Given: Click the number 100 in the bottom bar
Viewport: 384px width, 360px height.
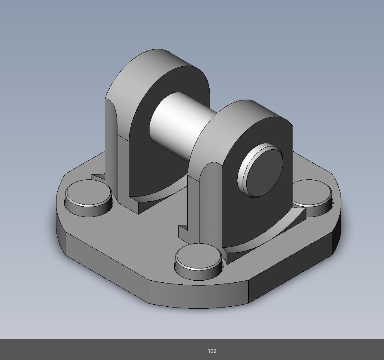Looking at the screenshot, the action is click(212, 351).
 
